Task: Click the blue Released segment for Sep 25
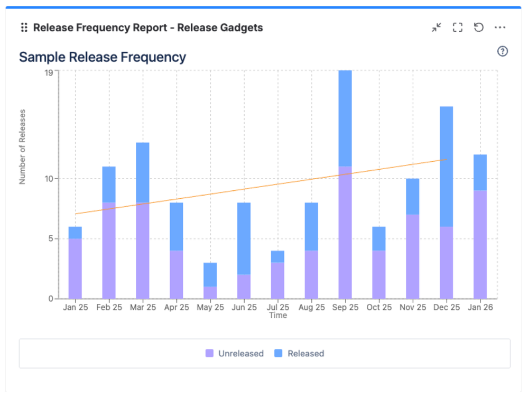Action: click(x=345, y=119)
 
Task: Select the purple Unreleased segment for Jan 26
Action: click(x=480, y=244)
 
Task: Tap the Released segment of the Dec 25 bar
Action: click(x=447, y=167)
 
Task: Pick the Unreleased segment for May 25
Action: click(x=210, y=292)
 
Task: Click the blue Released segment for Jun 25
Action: click(x=244, y=238)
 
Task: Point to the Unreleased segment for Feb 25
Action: click(x=109, y=250)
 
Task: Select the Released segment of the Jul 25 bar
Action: click(x=277, y=256)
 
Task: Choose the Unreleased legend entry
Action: click(x=235, y=354)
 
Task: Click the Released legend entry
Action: click(x=299, y=354)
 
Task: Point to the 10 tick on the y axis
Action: click(x=49, y=179)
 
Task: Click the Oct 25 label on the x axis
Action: click(x=379, y=307)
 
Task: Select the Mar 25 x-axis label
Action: click(x=143, y=307)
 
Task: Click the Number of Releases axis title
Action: click(x=22, y=147)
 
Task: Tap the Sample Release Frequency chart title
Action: click(x=103, y=57)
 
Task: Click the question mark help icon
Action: click(x=503, y=51)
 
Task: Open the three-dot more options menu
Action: click(x=500, y=27)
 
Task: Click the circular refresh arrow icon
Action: click(x=479, y=27)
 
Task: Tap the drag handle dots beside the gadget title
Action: click(x=24, y=27)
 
